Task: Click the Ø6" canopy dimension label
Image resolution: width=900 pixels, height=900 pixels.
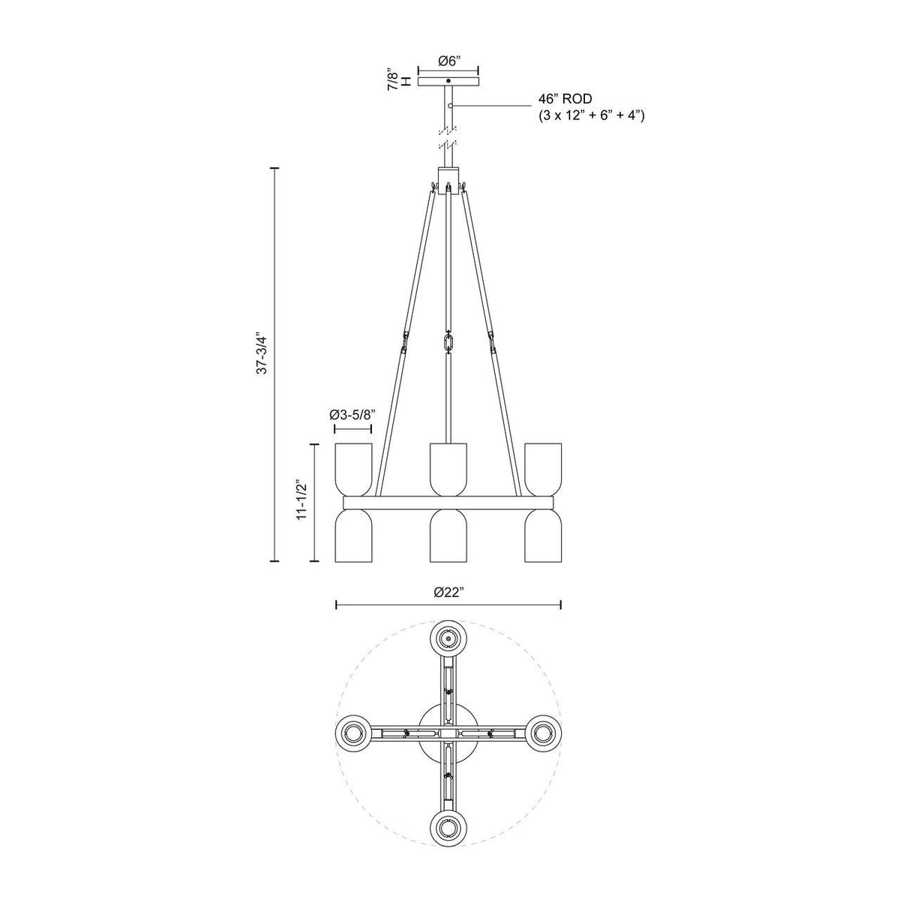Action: tap(448, 62)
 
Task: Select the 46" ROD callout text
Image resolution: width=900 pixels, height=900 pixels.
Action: tap(565, 99)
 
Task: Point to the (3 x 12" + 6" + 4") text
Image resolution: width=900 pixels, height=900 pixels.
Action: tap(592, 115)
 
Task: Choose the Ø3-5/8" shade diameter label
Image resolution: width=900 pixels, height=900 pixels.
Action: tap(352, 414)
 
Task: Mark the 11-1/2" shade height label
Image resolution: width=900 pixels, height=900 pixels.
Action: tap(301, 500)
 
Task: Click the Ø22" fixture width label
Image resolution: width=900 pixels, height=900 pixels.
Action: tap(448, 592)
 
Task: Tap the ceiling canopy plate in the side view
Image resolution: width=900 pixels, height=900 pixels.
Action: tap(448, 80)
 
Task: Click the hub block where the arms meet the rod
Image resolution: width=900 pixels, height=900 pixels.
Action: tap(448, 181)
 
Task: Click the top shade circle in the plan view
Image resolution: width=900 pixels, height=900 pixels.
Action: tap(448, 638)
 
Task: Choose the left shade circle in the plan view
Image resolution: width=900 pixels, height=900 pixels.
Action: tap(354, 731)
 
